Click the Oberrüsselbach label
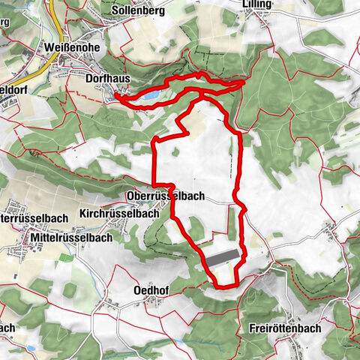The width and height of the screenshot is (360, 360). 163,196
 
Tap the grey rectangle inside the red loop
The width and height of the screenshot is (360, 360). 223,258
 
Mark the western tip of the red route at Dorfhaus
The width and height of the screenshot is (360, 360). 118,96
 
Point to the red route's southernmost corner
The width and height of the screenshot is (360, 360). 219,286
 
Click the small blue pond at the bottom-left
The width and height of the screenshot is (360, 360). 32,349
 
